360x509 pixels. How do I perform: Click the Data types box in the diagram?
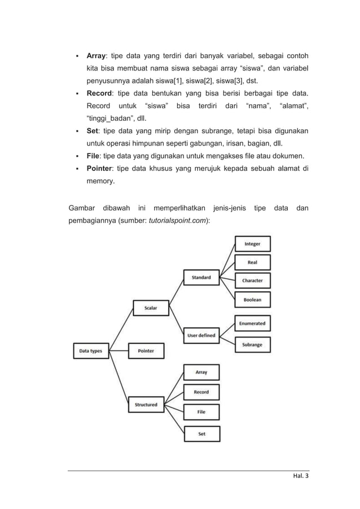click(90, 350)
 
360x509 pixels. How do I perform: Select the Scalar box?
click(150, 308)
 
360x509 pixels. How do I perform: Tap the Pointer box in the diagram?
click(146, 350)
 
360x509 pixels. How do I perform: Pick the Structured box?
click(146, 404)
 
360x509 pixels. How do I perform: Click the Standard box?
click(201, 277)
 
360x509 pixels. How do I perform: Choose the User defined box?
click(201, 335)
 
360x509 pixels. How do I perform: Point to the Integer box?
click(252, 244)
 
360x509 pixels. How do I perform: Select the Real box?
click(252, 262)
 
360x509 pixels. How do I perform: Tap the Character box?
click(252, 280)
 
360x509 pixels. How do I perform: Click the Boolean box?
click(252, 300)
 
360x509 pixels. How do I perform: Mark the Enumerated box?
click(252, 323)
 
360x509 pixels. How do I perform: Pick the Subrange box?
click(252, 344)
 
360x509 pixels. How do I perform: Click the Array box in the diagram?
click(201, 372)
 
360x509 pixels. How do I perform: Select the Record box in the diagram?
click(201, 392)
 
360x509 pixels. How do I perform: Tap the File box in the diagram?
click(201, 412)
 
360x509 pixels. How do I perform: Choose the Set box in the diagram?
click(201, 433)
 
